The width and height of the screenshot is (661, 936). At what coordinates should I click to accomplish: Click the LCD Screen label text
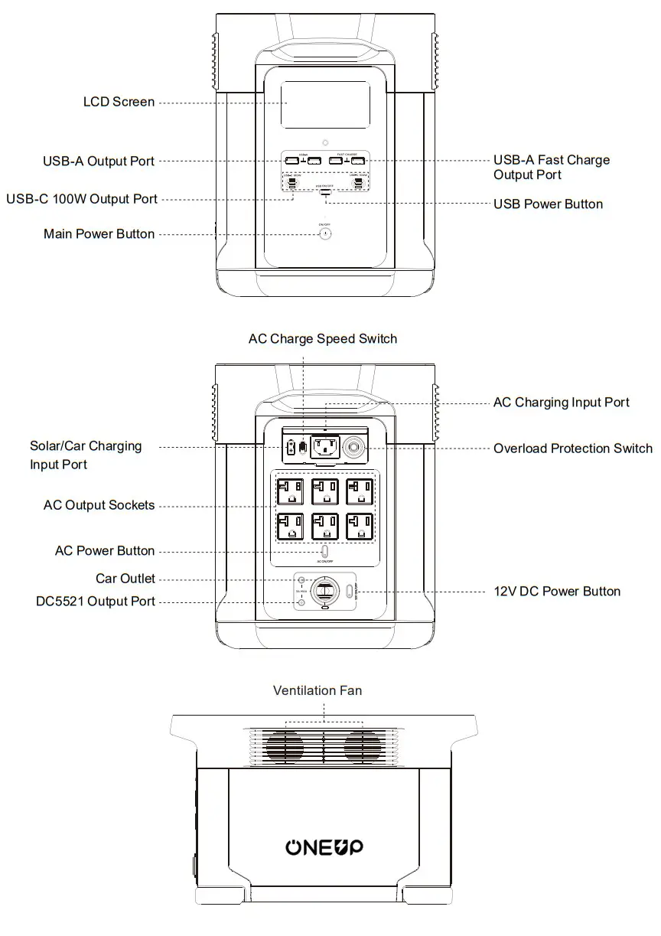[x=119, y=102]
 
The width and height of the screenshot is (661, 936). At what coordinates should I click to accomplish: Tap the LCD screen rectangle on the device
[x=325, y=105]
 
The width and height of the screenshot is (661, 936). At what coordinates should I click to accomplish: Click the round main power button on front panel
[x=325, y=234]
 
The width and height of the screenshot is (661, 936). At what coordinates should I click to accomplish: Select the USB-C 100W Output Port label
[x=82, y=199]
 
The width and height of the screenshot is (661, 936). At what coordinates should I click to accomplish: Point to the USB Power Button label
[x=548, y=204]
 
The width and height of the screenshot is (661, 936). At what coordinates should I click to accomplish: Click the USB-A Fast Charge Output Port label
[x=552, y=168]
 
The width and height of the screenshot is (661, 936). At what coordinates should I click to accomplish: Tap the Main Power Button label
[x=99, y=234]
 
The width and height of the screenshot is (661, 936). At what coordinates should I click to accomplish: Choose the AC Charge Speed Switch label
[x=323, y=338]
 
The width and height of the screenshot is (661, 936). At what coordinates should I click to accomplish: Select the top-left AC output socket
[x=291, y=491]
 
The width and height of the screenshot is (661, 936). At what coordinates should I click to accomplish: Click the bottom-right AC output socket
[x=360, y=527]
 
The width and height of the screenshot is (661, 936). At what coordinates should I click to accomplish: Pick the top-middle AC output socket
[x=325, y=491]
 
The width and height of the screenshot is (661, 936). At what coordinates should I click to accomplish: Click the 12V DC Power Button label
[x=557, y=592]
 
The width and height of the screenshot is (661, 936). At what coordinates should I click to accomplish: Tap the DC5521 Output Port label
[x=96, y=602]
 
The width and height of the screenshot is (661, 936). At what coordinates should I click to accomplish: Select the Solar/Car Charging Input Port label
[x=86, y=455]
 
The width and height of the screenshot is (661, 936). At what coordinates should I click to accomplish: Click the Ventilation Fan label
[x=317, y=690]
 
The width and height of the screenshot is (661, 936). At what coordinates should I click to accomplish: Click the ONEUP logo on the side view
[x=324, y=846]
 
